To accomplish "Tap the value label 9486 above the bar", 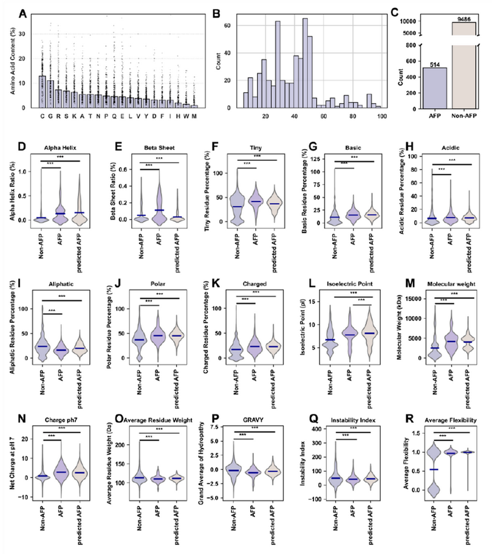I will coord(465,18).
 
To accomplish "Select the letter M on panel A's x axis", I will coord(194,117).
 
